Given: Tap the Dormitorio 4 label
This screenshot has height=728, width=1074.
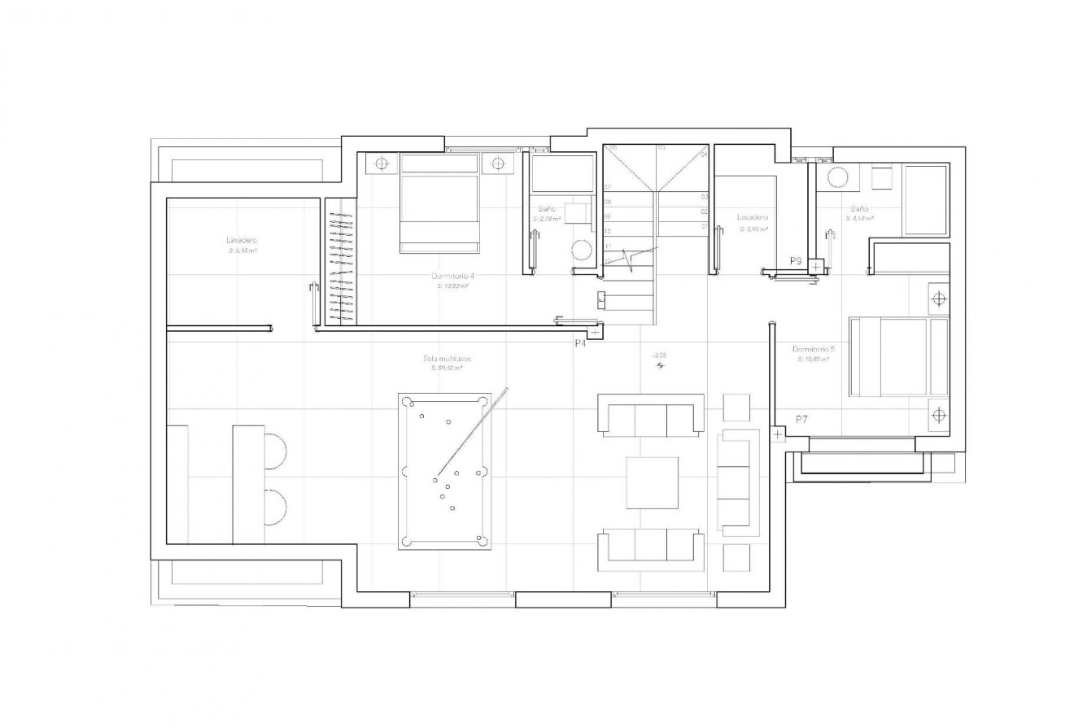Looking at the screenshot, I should pyautogui.click(x=454, y=277).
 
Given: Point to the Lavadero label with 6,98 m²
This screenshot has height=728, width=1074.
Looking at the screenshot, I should pyautogui.click(x=242, y=241).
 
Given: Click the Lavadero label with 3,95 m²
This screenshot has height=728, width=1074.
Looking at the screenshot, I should pyautogui.click(x=752, y=218).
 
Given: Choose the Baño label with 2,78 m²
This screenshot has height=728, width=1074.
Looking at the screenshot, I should pyautogui.click(x=547, y=209).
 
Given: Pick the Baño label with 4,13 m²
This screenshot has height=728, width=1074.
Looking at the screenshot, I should pyautogui.click(x=860, y=208).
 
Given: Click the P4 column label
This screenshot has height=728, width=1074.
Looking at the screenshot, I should pyautogui.click(x=581, y=344).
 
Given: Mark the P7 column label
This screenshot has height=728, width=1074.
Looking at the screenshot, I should pyautogui.click(x=801, y=418).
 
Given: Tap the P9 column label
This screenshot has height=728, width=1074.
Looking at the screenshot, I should pyautogui.click(x=796, y=261).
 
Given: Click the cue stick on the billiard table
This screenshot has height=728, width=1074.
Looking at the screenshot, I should pyautogui.click(x=472, y=432).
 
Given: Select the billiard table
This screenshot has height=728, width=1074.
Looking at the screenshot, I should pyautogui.click(x=445, y=472).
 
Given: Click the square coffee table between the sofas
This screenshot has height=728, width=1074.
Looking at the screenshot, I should pyautogui.click(x=652, y=482).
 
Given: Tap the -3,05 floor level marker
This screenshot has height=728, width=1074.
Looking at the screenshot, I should pyautogui.click(x=660, y=355).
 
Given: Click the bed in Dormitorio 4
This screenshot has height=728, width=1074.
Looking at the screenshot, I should pyautogui.click(x=439, y=204).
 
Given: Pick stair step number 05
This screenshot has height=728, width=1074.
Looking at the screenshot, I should pyautogui.click(x=661, y=147).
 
